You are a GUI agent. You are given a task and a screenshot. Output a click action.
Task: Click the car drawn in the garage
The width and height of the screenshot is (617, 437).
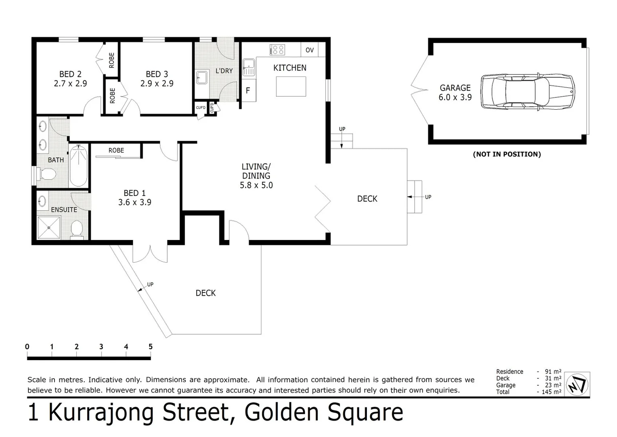(527, 92)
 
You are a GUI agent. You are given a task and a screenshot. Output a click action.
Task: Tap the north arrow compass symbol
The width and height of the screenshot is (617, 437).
(577, 384)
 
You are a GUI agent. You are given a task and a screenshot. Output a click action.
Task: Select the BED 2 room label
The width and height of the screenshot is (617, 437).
(70, 74)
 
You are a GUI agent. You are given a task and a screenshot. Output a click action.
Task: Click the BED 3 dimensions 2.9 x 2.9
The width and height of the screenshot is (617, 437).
(157, 84)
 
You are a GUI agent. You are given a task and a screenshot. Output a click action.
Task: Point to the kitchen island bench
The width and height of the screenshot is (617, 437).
(291, 87)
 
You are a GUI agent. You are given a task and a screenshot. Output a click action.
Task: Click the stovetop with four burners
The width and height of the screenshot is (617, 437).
(278, 50)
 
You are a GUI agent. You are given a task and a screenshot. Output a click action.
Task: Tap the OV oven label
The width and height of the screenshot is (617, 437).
(310, 50)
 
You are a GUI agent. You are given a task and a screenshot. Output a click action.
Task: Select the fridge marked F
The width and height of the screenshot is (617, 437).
(248, 91)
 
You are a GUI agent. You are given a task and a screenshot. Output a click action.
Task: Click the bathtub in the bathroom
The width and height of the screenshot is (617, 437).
(78, 166)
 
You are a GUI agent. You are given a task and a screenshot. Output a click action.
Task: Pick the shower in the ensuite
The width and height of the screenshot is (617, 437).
(48, 228)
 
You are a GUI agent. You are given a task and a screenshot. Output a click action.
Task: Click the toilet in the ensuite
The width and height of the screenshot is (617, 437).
(76, 229)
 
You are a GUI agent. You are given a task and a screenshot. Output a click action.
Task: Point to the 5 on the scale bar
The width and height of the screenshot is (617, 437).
(151, 347)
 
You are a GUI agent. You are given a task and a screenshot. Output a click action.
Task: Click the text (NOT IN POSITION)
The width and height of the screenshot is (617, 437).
(507, 154)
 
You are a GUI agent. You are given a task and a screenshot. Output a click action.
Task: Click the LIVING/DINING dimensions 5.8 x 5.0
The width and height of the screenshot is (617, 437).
(256, 185)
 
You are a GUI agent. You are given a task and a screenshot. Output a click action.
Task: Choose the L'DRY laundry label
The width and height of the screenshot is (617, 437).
(224, 71)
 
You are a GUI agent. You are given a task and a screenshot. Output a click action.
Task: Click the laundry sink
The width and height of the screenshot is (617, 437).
(202, 77)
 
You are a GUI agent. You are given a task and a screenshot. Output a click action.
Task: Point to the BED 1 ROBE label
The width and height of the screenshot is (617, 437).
(116, 151)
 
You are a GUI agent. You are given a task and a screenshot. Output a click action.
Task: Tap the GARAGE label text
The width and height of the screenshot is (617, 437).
(455, 88)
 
